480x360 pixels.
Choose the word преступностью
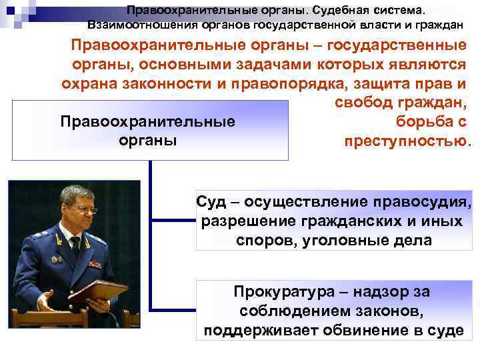point(407,141)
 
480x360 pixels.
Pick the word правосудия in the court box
point(425,203)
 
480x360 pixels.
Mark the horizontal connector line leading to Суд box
point(173,220)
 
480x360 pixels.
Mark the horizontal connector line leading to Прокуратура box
point(173,309)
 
